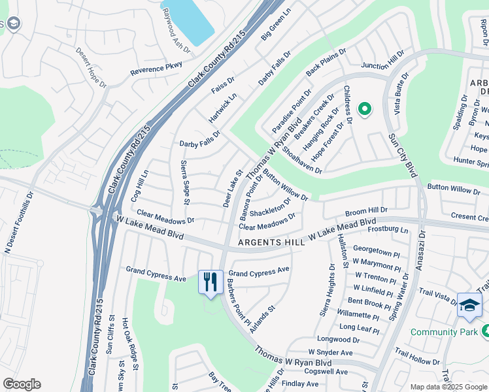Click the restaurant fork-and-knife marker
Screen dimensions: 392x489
pos(211,282)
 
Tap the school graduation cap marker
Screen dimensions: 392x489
pos(469,306)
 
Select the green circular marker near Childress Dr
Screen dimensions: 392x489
pos(364,109)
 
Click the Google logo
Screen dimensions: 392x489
pos(22,384)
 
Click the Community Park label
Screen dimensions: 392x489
pos(443,332)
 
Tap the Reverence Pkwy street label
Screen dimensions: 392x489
pos(156,68)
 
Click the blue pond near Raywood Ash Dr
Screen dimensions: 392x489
pos(189,20)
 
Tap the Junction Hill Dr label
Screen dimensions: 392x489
pos(388,65)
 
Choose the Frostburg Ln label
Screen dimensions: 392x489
pos(388,230)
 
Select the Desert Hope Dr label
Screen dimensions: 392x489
pos(91,67)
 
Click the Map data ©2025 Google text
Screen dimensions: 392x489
pos(448,387)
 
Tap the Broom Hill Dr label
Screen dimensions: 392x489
pos(366,211)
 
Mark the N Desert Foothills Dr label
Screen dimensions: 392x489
pos(19,223)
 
